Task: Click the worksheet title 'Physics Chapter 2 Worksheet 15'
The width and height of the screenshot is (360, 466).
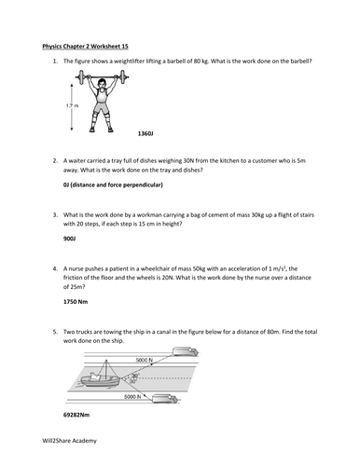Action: click(85, 47)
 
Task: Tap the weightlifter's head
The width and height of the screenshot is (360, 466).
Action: click(102, 84)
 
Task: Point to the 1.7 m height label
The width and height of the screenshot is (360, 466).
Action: click(72, 105)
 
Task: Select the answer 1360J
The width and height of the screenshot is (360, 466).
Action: click(145, 133)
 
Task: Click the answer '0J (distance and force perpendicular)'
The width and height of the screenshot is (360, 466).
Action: click(113, 185)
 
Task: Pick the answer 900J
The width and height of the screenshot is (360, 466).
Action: click(70, 239)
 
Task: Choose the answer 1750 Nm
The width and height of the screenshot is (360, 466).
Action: click(76, 302)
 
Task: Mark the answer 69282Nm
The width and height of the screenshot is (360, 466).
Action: click(76, 415)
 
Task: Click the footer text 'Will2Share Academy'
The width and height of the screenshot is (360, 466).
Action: click(69, 441)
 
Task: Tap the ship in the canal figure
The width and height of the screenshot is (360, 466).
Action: click(100, 377)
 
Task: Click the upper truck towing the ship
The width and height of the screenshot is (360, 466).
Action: click(186, 351)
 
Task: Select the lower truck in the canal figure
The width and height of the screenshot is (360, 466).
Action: click(165, 399)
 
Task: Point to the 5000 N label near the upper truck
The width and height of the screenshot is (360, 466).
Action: click(145, 360)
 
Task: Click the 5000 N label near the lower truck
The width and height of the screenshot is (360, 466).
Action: click(132, 396)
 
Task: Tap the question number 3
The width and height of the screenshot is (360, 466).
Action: click(55, 214)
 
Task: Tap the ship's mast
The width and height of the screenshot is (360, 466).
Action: click(106, 370)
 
